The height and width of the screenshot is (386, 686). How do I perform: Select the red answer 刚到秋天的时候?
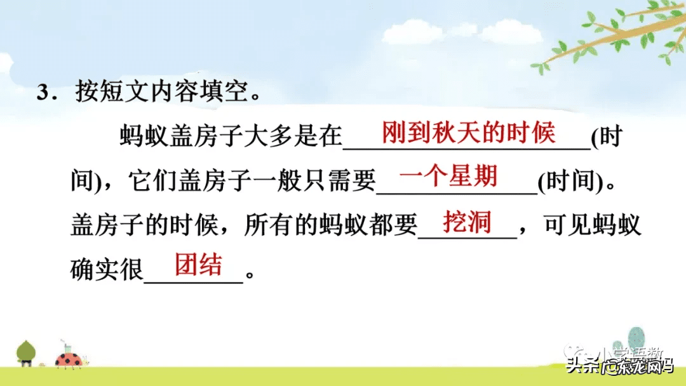(468, 133)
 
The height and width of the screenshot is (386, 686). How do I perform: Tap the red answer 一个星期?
(448, 176)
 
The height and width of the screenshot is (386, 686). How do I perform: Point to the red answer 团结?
(198, 265)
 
